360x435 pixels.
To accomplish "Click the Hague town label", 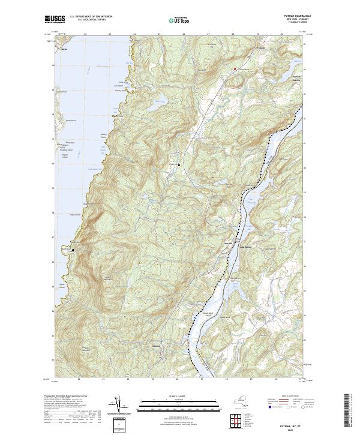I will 64,50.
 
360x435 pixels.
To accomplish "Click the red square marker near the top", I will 235,68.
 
